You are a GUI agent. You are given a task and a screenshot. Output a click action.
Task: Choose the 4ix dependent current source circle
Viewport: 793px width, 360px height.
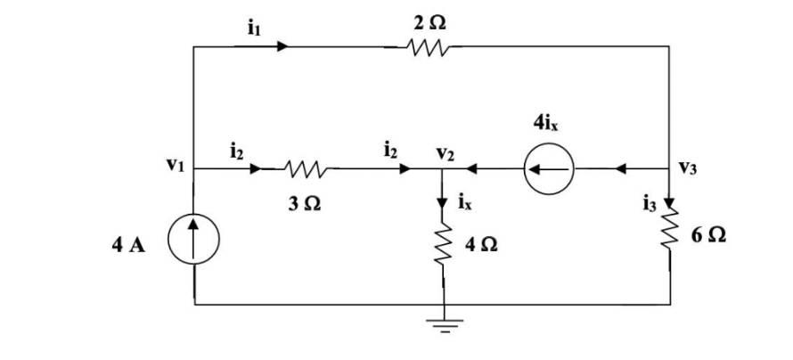[548, 168]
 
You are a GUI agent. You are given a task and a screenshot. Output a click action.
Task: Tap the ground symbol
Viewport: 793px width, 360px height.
[442, 323]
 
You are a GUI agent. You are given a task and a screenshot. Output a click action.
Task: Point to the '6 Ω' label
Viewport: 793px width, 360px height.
[707, 236]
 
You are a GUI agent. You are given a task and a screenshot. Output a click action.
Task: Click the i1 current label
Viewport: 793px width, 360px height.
[253, 28]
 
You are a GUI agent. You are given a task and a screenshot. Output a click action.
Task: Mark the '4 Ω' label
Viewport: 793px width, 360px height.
[481, 244]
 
